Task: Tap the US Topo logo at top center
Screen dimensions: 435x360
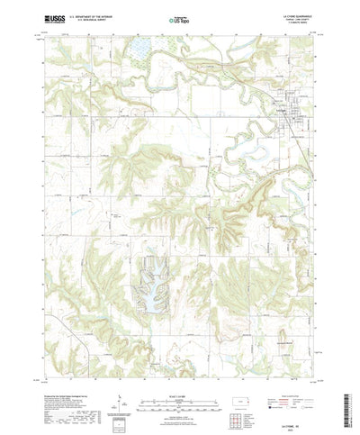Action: pyautogui.click(x=178, y=18)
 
